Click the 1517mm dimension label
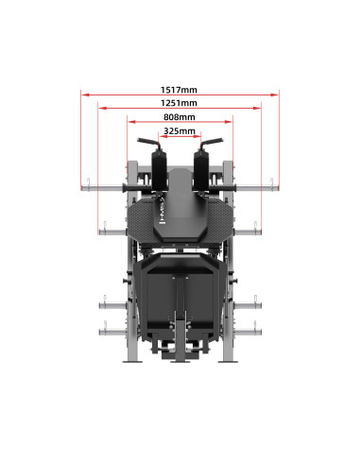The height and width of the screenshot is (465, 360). (180, 90)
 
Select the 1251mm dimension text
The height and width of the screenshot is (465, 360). (180, 102)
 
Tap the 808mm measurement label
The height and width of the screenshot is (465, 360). (180, 117)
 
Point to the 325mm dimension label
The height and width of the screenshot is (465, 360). (180, 131)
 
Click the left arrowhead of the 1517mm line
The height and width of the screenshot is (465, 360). (82, 95)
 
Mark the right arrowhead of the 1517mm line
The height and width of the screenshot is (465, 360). (278, 95)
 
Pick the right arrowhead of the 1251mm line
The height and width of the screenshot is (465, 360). (261, 108)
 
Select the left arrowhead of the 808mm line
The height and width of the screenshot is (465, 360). (129, 122)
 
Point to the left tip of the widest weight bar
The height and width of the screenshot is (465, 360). (82, 185)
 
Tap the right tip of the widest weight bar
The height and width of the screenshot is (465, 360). (278, 185)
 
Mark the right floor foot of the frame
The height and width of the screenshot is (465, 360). (227, 360)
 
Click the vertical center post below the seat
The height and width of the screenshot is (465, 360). (180, 302)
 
